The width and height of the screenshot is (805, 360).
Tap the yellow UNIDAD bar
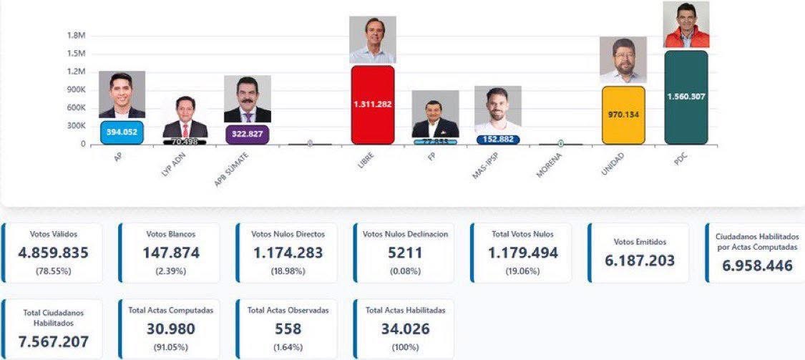[x=623, y=115]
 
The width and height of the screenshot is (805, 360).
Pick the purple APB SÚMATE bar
[x=247, y=135]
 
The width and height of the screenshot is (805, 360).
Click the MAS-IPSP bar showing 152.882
[x=497, y=140]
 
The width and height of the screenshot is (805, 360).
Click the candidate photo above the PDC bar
[x=686, y=25]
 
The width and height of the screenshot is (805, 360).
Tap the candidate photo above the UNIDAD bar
[x=623, y=60]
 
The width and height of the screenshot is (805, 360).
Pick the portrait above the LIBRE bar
[x=372, y=39]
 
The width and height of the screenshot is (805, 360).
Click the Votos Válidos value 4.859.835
[x=54, y=253]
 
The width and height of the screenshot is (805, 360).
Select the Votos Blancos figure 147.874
[x=170, y=253]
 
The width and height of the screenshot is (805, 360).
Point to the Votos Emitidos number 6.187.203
[x=640, y=260]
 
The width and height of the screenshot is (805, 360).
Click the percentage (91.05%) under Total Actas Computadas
[x=170, y=347]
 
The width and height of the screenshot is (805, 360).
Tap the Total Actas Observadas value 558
[x=288, y=329]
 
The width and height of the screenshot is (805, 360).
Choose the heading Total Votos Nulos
[x=522, y=234]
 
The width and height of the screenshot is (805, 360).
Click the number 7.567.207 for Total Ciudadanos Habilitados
[x=54, y=341]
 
